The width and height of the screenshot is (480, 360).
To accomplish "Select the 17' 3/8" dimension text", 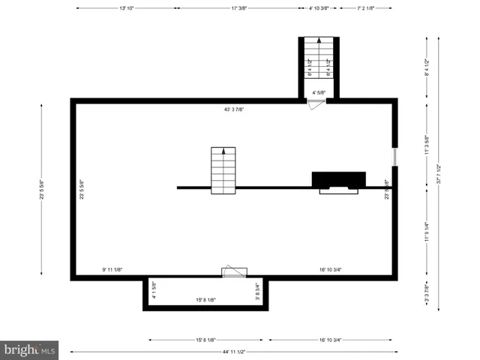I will [239, 8].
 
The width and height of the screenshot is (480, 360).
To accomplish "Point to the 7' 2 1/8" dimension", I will [366, 8].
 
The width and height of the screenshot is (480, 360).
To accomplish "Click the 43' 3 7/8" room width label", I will [234, 109].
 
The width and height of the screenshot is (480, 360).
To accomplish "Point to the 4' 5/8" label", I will [319, 93].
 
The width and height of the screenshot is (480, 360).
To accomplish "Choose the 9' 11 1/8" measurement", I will [112, 269].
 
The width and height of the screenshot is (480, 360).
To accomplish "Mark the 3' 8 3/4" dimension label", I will [257, 290].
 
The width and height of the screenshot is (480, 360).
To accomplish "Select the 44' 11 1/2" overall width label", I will [234, 352].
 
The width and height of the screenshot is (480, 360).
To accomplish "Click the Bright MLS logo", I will [30, 349].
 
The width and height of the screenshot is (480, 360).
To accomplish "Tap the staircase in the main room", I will [223, 169].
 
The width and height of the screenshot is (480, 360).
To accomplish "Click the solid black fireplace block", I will [338, 179].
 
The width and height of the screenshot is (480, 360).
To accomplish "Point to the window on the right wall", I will [394, 157].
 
